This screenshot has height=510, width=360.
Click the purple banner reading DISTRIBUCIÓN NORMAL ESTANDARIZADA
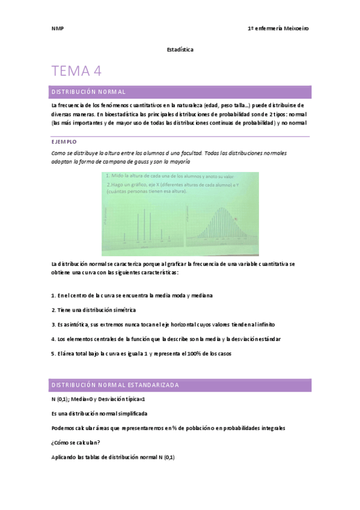[114, 384]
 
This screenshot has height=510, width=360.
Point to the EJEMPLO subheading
[64, 141]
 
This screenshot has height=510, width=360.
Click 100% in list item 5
[198, 354]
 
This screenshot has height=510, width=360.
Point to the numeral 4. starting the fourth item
[53, 339]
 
